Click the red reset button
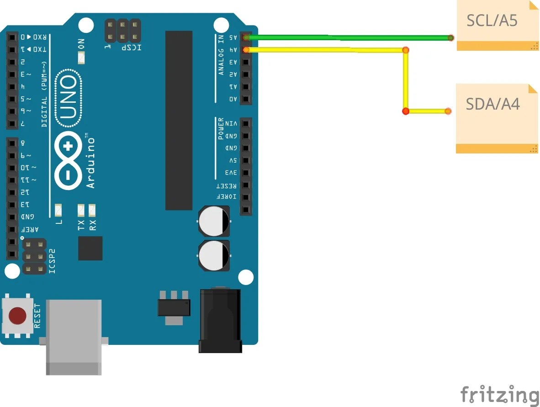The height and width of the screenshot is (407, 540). click(18, 316)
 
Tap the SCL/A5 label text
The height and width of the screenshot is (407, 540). click(492, 21)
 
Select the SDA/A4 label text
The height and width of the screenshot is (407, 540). click(492, 105)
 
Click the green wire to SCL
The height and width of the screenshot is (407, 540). click(347, 37)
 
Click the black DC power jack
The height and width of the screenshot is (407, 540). click(220, 320)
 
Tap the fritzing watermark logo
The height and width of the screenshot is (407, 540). click(499, 394)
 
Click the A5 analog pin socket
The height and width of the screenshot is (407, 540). click(246, 37)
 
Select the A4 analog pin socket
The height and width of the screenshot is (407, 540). click(246, 50)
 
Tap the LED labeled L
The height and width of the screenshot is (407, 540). click(58, 211)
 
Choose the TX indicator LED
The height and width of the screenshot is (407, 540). click(81, 211)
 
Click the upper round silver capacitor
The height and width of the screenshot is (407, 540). click(214, 221)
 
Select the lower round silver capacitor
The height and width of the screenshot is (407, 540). click(214, 255)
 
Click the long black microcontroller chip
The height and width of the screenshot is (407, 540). click(179, 120)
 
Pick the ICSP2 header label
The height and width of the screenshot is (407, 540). click(52, 261)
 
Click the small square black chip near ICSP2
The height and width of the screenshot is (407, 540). click(90, 248)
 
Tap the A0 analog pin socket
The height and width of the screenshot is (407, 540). click(246, 99)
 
